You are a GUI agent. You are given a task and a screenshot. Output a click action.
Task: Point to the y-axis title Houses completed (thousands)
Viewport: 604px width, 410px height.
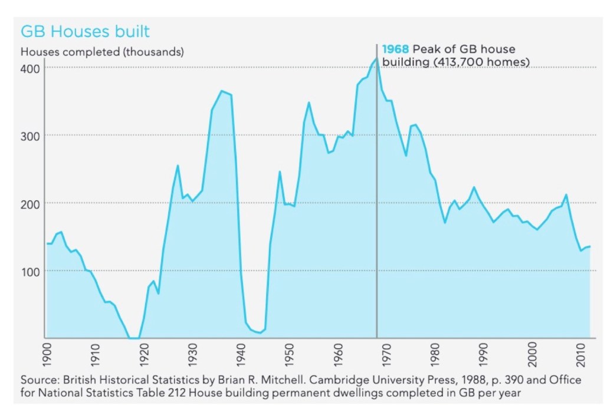103,51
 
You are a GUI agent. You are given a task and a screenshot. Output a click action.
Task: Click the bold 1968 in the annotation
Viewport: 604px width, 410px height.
396,49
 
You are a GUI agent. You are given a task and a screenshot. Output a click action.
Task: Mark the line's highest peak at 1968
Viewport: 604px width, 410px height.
376,58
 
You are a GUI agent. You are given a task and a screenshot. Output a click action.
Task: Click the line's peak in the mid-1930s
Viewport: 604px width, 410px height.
221,91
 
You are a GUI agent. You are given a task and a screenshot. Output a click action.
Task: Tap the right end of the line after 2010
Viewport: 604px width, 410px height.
589,246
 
